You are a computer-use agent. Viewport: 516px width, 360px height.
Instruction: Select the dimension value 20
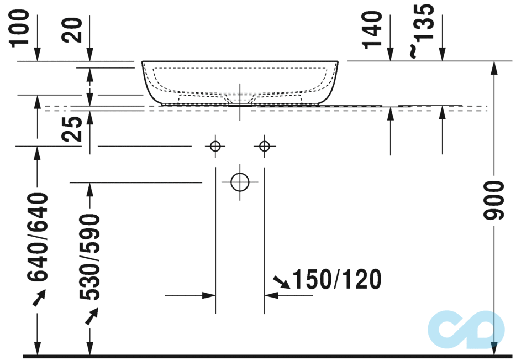tap(75, 29)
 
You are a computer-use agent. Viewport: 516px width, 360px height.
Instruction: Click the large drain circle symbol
tap(240, 181)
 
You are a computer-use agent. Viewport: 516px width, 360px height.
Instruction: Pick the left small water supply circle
tap(215, 146)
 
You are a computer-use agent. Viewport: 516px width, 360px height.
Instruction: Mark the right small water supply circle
tap(265, 146)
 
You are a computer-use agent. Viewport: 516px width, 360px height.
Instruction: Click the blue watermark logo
tap(466, 330)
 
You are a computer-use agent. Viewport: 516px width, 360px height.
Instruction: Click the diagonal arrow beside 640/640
tap(39, 298)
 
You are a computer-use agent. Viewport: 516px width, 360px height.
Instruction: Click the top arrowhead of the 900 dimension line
tap(494, 67)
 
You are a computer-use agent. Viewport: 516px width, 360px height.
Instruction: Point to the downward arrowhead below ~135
tap(442, 54)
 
